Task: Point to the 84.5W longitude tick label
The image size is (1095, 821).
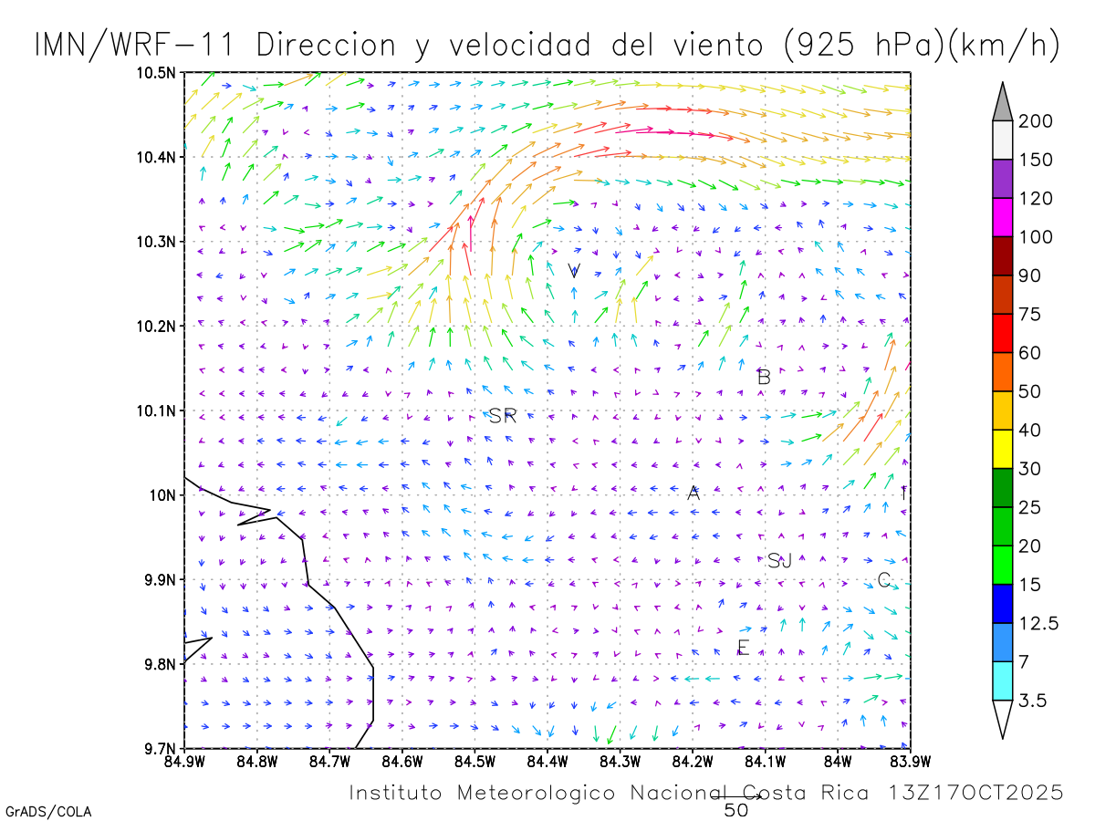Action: pyautogui.click(x=474, y=761)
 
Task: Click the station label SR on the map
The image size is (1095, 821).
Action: pyautogui.click(x=503, y=416)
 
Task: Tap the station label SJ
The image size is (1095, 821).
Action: pyautogui.click(x=779, y=561)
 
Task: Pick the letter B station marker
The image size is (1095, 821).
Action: pyautogui.click(x=765, y=377)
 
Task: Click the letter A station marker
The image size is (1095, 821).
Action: pyautogui.click(x=693, y=494)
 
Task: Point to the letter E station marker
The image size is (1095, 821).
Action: pyautogui.click(x=743, y=648)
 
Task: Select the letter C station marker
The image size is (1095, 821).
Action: pyautogui.click(x=883, y=580)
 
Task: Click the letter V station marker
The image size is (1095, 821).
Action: pyautogui.click(x=574, y=271)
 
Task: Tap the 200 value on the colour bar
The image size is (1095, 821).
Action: pyautogui.click(x=1036, y=122)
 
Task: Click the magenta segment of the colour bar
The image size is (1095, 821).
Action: pyautogui.click(x=1002, y=217)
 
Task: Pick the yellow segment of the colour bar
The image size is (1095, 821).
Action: pyautogui.click(x=1002, y=449)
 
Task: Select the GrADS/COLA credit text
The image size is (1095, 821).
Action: pyautogui.click(x=48, y=811)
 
